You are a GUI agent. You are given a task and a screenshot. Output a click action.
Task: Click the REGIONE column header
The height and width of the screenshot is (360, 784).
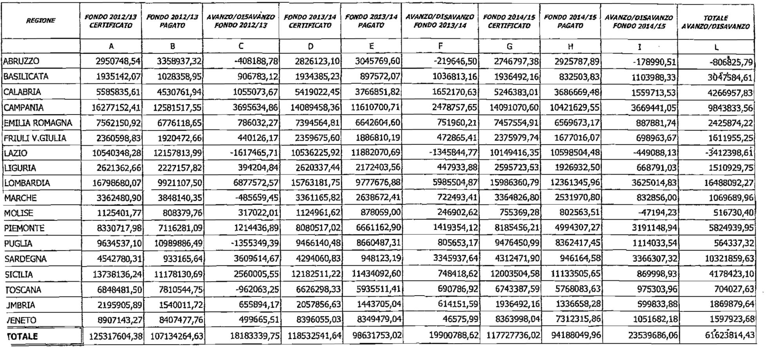point(41,21)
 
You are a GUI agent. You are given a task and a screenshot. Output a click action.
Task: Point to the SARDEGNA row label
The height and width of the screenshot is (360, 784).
point(25,259)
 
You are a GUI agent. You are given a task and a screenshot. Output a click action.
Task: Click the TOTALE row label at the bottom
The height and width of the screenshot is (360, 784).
point(22,336)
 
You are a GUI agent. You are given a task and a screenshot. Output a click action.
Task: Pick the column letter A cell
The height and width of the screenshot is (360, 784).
point(111,46)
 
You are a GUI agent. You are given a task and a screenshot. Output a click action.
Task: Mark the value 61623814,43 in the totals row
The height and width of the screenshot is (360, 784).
point(731,336)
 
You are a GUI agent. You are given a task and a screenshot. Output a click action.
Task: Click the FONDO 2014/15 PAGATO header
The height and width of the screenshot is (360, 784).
point(570,22)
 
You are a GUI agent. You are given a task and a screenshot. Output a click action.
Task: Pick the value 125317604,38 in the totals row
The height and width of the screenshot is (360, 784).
point(115,336)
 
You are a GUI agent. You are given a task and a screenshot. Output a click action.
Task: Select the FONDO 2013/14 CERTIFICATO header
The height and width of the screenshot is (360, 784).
point(310,22)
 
